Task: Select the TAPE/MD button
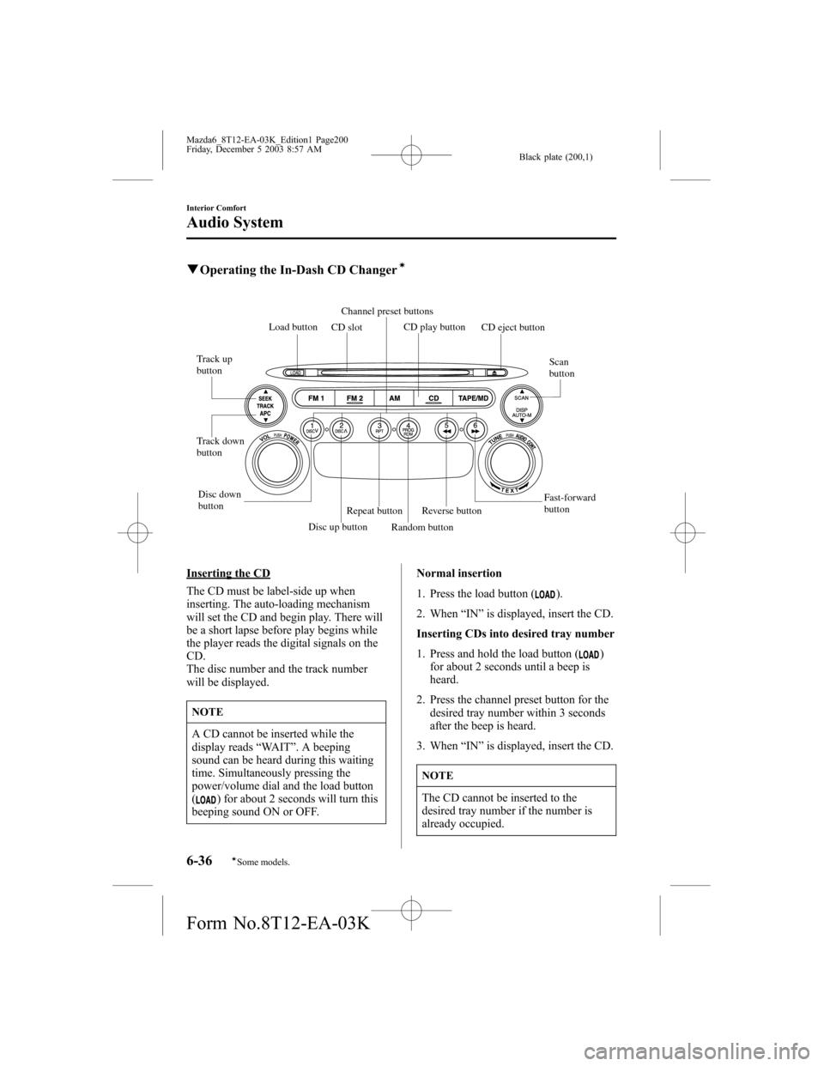(473, 398)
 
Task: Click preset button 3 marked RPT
(379, 427)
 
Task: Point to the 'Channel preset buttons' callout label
(387, 311)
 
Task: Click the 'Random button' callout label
(422, 527)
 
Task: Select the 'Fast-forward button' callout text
(569, 503)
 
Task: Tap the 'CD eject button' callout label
(512, 328)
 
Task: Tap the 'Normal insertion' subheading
(459, 572)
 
